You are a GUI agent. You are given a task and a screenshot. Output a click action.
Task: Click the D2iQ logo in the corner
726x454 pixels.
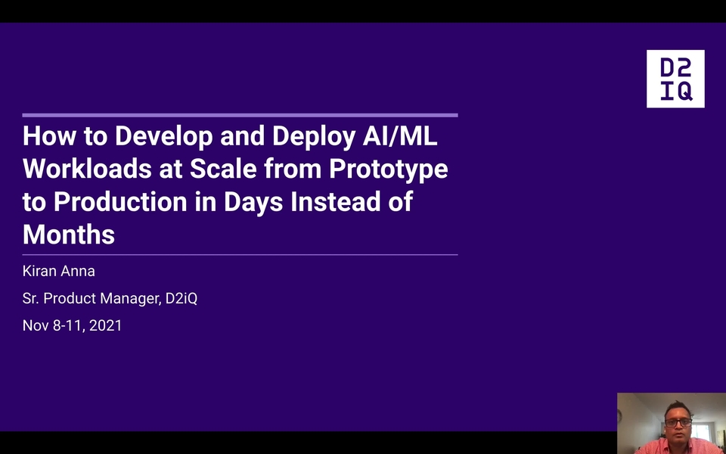click(x=675, y=79)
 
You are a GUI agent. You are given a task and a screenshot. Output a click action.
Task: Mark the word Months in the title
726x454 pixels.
click(x=69, y=235)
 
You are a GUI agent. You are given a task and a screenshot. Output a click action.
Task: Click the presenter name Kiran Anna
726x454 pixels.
click(x=59, y=271)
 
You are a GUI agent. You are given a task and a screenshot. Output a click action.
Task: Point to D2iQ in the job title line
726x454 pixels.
click(x=181, y=298)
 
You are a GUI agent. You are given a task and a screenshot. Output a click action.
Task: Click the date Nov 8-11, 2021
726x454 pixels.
click(x=72, y=325)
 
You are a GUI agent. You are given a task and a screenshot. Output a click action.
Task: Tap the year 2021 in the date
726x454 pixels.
click(x=105, y=325)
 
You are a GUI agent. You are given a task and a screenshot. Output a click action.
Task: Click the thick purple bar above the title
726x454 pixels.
click(x=240, y=115)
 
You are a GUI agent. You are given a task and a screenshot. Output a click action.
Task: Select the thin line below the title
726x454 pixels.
click(x=240, y=255)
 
